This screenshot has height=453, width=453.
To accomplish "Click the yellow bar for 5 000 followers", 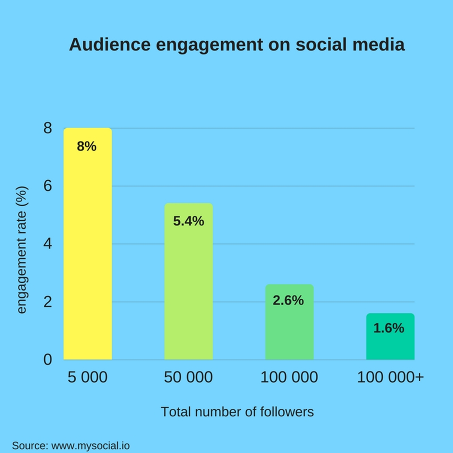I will [88, 251].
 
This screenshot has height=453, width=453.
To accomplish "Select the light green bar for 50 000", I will [188, 289].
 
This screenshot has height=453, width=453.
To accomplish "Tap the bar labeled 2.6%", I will [289, 333].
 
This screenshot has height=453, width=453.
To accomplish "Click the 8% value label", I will [87, 147].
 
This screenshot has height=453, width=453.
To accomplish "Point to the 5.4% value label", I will [188, 221].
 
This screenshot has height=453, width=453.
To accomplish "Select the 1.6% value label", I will [388, 328].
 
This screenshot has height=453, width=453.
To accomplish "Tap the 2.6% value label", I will [288, 300].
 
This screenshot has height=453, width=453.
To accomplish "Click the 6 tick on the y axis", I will [47, 186].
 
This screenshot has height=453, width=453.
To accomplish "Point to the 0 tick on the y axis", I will [47, 360].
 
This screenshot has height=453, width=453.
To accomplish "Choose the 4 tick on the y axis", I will [47, 244].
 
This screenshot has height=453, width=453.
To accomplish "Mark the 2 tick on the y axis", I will [47, 302].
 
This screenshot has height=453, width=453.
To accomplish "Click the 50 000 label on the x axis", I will [188, 377].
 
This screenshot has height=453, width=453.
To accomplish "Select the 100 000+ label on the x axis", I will [390, 377].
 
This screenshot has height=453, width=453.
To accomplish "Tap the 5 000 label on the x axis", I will [88, 377].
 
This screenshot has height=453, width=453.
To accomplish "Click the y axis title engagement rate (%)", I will [22, 251].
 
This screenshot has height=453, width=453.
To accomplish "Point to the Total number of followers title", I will [237, 412].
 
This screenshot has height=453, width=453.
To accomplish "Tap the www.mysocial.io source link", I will [91, 446].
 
